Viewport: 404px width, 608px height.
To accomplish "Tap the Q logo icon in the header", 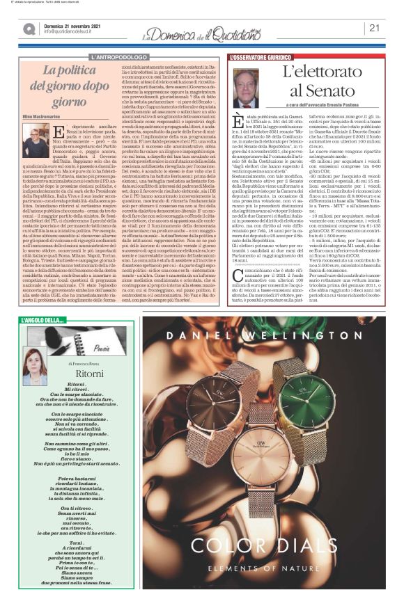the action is pos(29,29).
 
